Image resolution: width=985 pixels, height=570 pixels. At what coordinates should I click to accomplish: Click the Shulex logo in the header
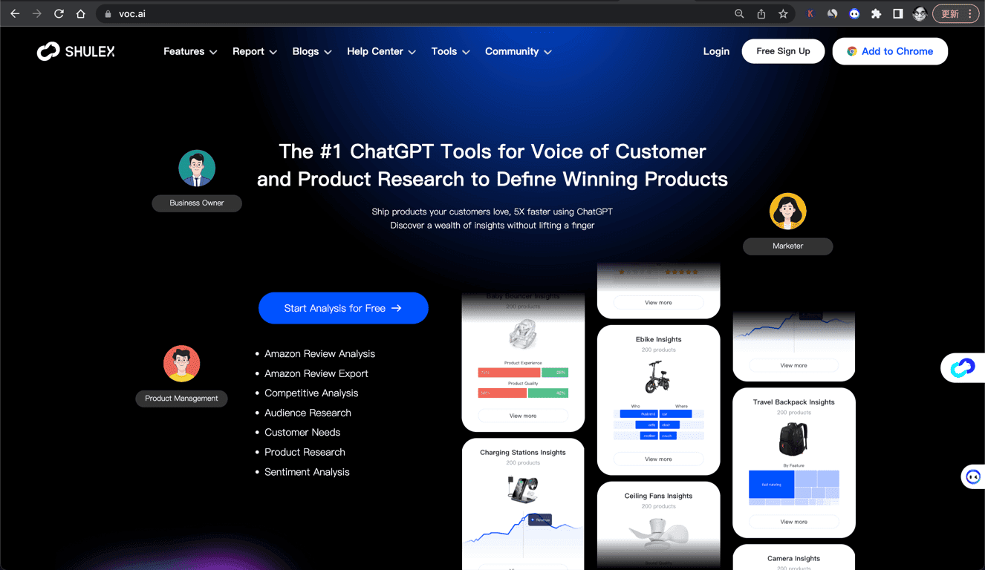[x=76, y=51]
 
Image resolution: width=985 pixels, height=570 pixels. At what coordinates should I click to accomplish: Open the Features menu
[x=190, y=51]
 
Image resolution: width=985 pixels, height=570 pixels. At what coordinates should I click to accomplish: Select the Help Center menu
[x=381, y=51]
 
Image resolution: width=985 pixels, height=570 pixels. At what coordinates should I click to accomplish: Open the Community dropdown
[x=518, y=51]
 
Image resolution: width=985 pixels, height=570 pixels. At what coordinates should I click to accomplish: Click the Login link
[x=716, y=51]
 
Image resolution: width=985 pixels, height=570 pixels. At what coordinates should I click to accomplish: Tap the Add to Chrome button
[x=890, y=51]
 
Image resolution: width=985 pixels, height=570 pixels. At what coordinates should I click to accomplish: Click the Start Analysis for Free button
[x=343, y=308]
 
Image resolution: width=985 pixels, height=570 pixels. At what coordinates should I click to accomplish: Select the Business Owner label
[x=197, y=203]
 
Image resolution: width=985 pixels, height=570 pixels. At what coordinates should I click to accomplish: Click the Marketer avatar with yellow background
[x=787, y=212]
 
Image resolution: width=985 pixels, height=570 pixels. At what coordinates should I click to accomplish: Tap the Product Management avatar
[x=182, y=364]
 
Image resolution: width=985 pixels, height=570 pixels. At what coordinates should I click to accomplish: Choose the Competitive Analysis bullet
[x=311, y=393]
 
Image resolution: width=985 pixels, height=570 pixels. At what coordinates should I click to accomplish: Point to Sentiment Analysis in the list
[x=307, y=472]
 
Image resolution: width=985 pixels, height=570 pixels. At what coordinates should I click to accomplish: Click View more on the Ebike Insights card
[x=658, y=459]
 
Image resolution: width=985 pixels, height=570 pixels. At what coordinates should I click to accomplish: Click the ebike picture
[x=658, y=377]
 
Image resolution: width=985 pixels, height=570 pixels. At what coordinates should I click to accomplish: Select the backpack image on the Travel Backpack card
[x=793, y=439]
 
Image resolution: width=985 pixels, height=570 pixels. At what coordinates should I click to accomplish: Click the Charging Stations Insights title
[x=523, y=452]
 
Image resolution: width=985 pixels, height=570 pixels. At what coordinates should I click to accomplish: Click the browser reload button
[x=59, y=13]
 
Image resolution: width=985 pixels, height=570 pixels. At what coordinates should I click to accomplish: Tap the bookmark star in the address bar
[x=783, y=13]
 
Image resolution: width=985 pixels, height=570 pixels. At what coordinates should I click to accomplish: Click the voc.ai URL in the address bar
[x=132, y=13]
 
